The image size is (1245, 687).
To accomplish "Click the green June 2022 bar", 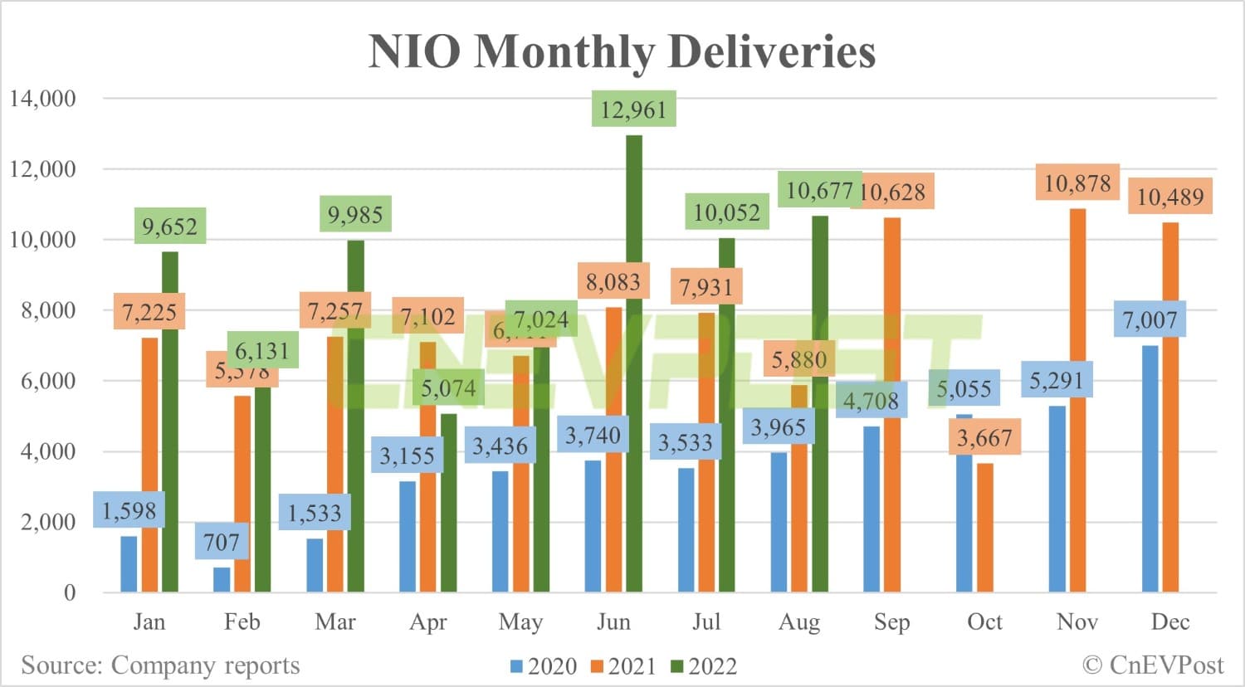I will tap(633, 365).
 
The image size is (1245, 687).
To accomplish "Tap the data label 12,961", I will tap(633, 110).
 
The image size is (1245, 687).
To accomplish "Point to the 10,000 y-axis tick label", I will tap(42, 240).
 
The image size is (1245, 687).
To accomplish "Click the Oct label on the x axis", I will tap(984, 622).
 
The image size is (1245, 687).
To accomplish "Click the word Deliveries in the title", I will tap(771, 51).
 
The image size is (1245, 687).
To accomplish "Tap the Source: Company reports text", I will tap(160, 665).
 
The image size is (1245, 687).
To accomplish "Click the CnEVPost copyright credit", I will tap(1153, 665).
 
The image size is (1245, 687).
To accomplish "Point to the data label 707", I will tap(222, 543).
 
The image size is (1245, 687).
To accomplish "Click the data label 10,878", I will tap(1077, 183).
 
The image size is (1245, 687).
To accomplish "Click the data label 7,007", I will tap(1150, 319).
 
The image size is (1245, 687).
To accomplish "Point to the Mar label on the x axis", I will tap(335, 622).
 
